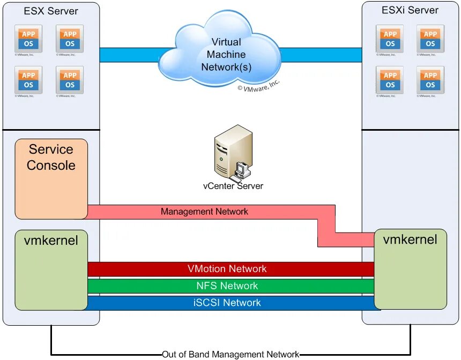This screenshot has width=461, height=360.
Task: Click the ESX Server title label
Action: tap(51, 11)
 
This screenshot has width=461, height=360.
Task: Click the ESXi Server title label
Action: tap(410, 10)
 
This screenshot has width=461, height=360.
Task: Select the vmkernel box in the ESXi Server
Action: tap(410, 268)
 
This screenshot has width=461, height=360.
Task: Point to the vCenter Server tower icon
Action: tap(233, 153)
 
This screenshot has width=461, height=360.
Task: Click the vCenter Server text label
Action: tap(233, 186)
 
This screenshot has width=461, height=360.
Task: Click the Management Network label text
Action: tap(204, 212)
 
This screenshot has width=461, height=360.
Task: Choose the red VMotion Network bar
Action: tap(230, 269)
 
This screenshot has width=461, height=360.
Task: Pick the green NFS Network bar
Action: tap(230, 286)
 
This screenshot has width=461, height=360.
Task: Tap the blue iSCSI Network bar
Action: tap(230, 303)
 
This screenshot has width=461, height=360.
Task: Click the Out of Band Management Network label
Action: tap(230, 354)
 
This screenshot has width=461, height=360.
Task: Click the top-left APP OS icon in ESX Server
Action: tap(28, 39)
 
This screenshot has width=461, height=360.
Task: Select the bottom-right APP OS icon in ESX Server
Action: tap(70, 80)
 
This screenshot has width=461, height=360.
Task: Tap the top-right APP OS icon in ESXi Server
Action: tap(430, 39)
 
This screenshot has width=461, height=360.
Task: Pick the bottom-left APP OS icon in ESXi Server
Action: tap(390, 80)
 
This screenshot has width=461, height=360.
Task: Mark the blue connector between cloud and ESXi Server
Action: tap(321, 55)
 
